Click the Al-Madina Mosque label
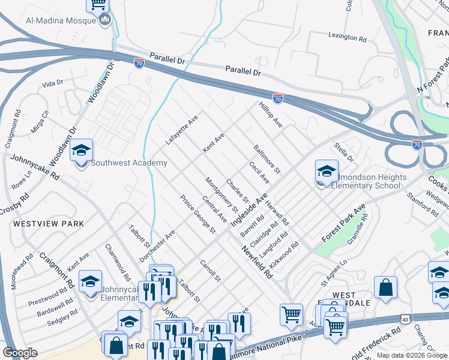(61, 20)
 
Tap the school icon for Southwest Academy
(81, 151)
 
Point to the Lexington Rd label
(347, 37)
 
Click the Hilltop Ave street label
(270, 113)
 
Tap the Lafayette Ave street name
(182, 132)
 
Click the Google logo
(20, 353)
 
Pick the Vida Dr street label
(52, 83)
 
